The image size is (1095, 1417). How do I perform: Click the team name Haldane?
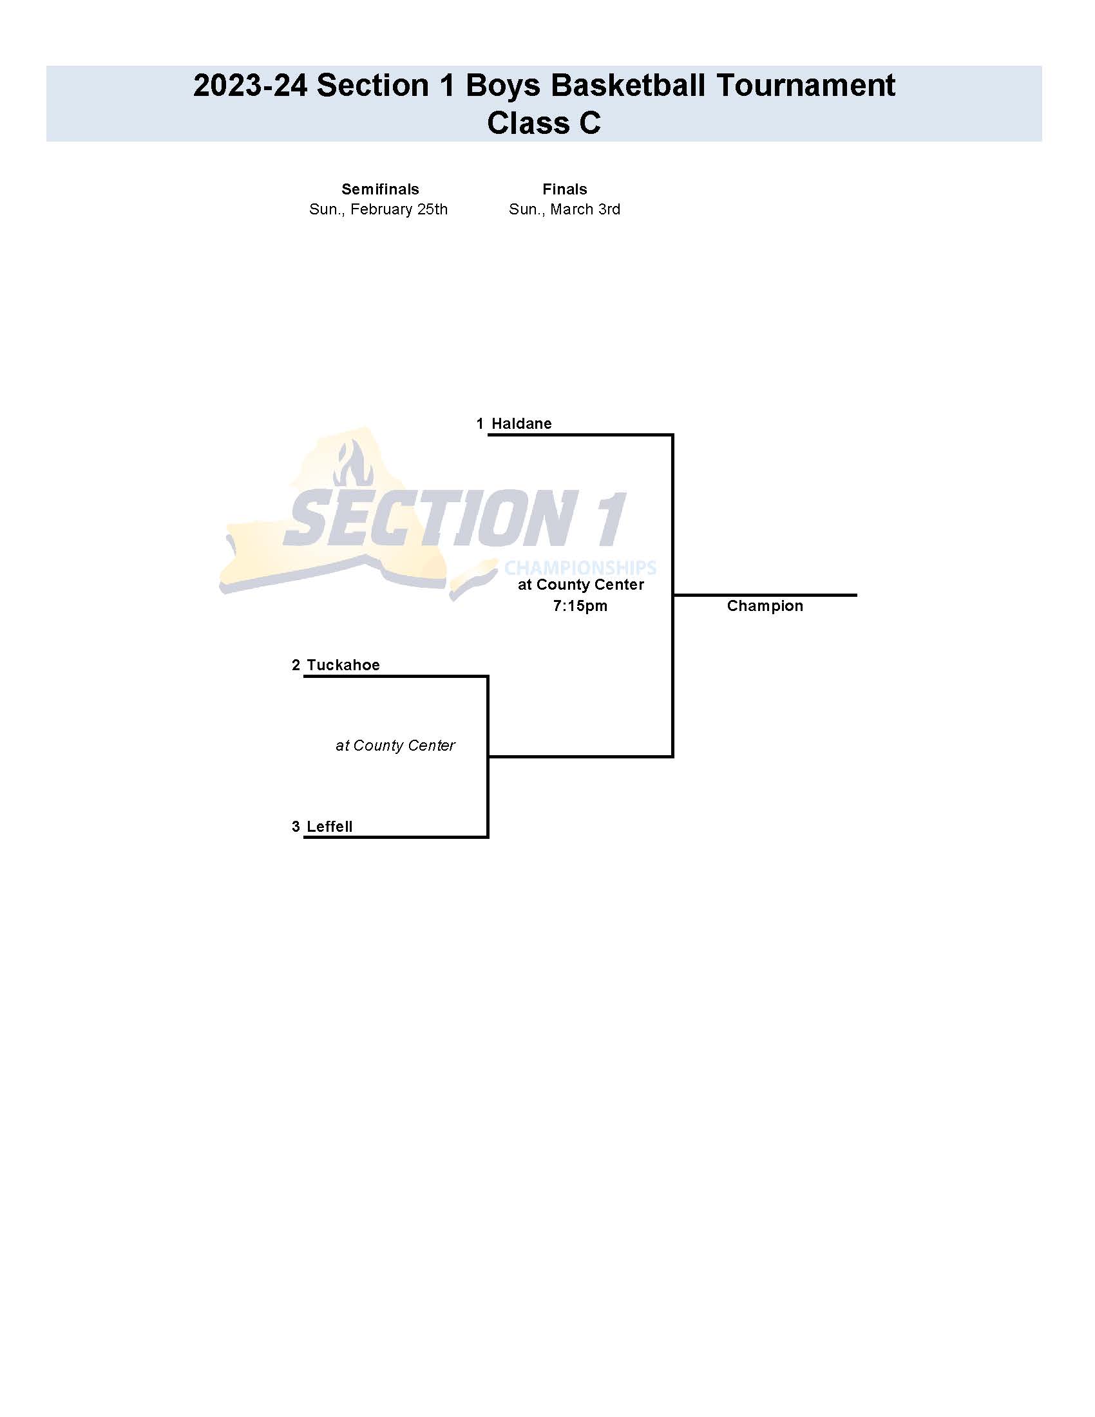pos(521,424)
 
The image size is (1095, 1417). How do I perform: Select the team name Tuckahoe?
pos(343,665)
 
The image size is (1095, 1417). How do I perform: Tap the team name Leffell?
pos(329,827)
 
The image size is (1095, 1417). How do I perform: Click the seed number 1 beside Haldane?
pos(480,424)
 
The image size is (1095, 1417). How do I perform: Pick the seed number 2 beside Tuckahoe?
pos(296,665)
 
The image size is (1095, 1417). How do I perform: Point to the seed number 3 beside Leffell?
pos(296,827)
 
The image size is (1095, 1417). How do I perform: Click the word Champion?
pos(765,606)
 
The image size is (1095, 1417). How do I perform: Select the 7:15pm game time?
pos(580,606)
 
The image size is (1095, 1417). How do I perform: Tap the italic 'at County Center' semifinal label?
pos(395,746)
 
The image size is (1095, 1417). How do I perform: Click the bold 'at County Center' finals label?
pos(580,585)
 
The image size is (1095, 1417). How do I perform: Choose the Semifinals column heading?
pos(381,189)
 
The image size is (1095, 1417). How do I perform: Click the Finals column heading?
pos(565,189)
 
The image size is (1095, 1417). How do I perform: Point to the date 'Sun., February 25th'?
pos(378,210)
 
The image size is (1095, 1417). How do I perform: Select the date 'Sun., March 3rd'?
pos(565,210)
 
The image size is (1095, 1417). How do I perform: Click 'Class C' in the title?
pos(544,122)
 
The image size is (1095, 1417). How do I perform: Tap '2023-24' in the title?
pos(250,86)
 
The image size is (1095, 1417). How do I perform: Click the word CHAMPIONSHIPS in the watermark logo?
pos(580,568)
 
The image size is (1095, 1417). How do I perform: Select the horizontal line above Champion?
pos(765,595)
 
